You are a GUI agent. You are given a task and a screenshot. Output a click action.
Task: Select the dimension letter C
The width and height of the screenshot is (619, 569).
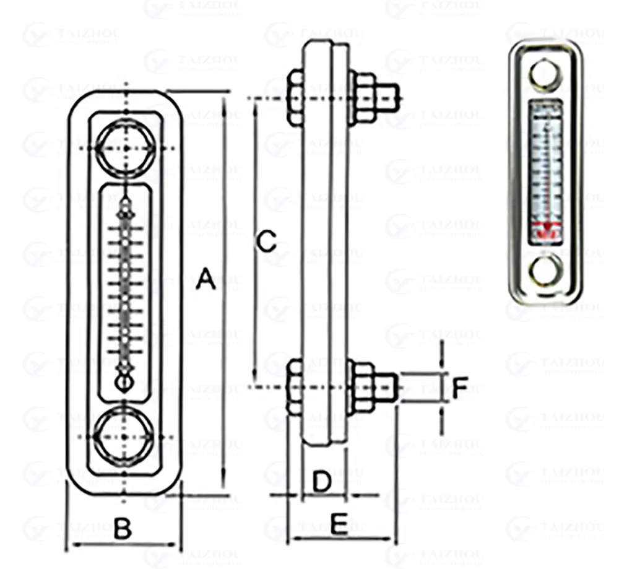point(266,241)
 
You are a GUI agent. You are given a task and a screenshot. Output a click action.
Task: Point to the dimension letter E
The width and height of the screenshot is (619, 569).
point(339,524)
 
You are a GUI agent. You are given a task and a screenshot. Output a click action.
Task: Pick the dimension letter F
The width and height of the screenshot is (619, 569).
point(459,388)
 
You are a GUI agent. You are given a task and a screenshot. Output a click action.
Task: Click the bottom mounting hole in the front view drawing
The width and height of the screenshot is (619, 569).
point(126,436)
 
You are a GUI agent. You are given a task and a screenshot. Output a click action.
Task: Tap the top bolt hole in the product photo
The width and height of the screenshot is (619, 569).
point(545,74)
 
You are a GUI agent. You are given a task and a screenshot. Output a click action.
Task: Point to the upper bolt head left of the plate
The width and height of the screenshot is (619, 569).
point(295,98)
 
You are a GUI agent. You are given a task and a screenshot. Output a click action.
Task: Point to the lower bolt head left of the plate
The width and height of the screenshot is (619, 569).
point(295,386)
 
